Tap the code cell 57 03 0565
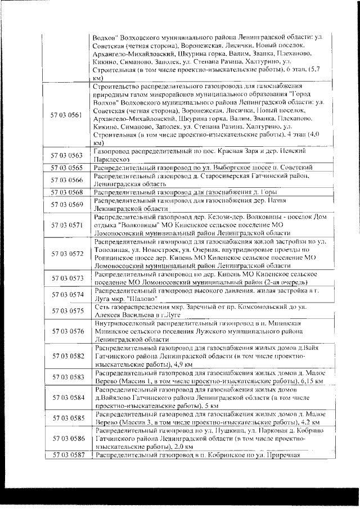[66, 168]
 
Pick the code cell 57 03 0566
[66, 179]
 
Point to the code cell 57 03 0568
[66, 192]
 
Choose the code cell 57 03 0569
[66, 204]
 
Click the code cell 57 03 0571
[66, 225]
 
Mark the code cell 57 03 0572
[66, 254]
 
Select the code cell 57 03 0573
[66, 278]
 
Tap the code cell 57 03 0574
[66, 294]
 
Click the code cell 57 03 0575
[66, 311]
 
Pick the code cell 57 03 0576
[66, 332]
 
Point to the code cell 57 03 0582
[66, 356]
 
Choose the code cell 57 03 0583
[66, 377]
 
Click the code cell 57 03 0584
[66, 398]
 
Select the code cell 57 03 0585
[66, 418]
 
